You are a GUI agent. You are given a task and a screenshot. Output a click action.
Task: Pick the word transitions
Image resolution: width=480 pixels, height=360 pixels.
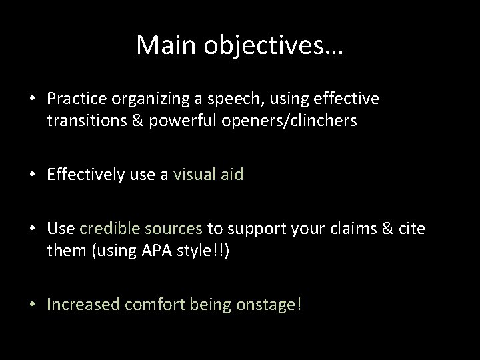click(x=81, y=121)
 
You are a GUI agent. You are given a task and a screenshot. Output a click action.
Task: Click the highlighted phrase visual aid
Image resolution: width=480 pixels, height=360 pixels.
click(x=209, y=175)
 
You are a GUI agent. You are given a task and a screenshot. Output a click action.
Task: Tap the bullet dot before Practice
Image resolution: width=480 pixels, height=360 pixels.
click(x=32, y=99)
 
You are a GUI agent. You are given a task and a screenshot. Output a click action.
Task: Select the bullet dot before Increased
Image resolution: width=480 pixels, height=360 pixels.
click(x=32, y=305)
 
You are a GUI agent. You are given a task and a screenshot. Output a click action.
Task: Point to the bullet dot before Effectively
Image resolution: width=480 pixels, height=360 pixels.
click(x=32, y=175)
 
